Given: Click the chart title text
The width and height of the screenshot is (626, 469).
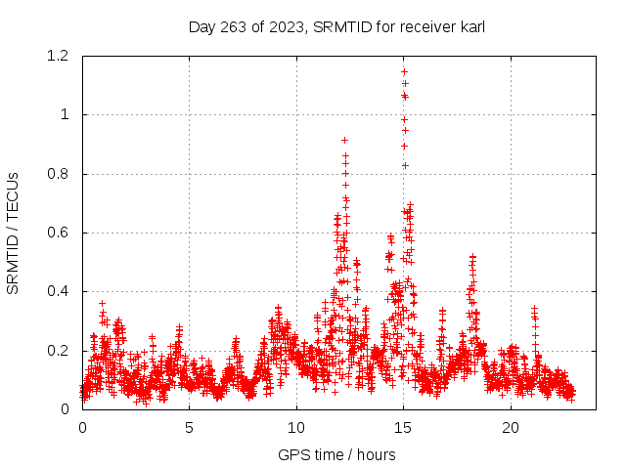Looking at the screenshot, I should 336,26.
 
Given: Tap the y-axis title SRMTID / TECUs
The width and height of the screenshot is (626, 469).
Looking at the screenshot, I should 14,233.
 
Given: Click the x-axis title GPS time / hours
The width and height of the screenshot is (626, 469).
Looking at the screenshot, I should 336,454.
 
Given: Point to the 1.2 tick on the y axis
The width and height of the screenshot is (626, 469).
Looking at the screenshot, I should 61,56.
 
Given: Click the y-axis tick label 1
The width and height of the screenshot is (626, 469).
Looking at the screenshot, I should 66,114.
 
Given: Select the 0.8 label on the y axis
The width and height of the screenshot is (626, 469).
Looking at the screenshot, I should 61,174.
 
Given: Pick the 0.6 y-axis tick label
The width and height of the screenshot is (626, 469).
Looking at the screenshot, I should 61,233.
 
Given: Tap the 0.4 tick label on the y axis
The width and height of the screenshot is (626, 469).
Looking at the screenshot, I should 61,291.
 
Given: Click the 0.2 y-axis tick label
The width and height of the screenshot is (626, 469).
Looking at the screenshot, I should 61,351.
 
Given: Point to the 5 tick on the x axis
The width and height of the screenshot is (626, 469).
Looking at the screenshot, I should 190,428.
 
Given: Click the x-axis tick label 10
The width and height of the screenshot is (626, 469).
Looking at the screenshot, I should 296,428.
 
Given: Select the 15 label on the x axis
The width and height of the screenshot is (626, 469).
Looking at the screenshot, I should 404,428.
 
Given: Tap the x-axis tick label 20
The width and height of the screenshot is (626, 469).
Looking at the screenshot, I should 511,428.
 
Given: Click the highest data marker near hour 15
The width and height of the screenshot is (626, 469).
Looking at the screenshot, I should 404,71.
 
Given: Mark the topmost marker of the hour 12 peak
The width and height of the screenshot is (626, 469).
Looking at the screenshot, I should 344,140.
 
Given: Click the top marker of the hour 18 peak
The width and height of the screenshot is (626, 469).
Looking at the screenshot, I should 472,256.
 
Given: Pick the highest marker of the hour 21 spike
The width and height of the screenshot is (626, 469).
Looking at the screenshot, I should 534,308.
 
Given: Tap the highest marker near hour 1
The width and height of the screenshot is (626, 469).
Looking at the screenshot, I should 102,303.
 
